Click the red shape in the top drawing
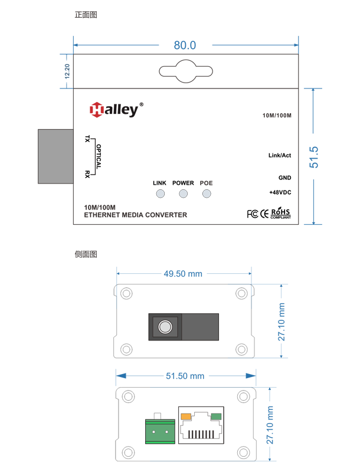click(x=94, y=112)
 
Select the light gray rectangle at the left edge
click(x=55, y=156)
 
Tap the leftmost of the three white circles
click(x=160, y=194)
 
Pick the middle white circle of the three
click(x=183, y=194)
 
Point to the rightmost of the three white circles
click(x=207, y=194)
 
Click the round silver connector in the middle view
click(x=165, y=326)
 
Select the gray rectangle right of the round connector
click(x=199, y=326)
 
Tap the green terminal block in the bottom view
click(x=160, y=431)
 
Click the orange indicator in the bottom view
click(x=186, y=417)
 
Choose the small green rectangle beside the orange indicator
click(x=216, y=417)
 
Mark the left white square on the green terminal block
click(x=153, y=432)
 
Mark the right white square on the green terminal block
click(x=167, y=432)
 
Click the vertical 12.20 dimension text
click(x=67, y=71)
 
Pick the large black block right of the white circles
click(x=263, y=177)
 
